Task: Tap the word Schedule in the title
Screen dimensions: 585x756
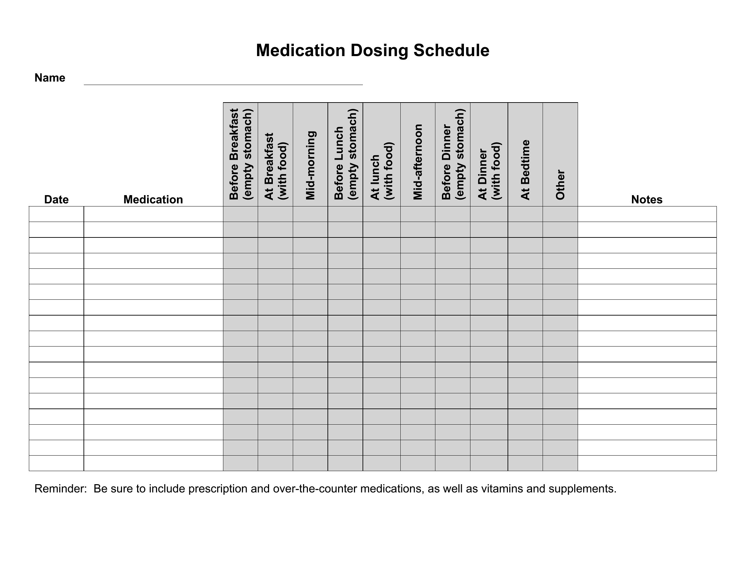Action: click(x=452, y=51)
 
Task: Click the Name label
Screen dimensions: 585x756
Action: click(x=50, y=78)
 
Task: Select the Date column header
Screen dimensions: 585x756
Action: click(x=56, y=200)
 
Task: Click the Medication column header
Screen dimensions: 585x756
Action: click(x=153, y=200)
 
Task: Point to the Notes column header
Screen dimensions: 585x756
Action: click(x=647, y=200)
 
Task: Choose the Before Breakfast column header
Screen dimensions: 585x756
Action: click(x=241, y=154)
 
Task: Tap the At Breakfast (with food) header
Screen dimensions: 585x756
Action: click(x=276, y=166)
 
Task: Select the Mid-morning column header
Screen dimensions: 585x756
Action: click(x=311, y=165)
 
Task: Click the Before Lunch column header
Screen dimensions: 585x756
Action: click(x=345, y=154)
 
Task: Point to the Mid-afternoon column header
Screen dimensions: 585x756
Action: click(x=418, y=162)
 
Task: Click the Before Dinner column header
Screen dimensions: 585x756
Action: click(x=453, y=154)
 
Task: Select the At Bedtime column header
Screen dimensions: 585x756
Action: click(x=525, y=170)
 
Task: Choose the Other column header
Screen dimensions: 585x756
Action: click(x=560, y=185)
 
